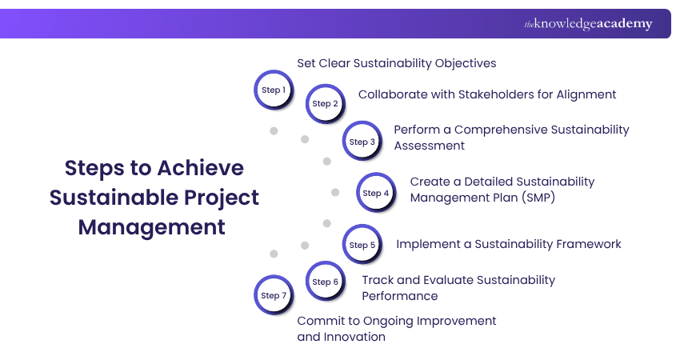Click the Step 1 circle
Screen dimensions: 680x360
pos(274,90)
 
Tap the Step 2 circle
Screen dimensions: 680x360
pos(326,104)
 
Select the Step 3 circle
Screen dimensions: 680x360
pos(362,142)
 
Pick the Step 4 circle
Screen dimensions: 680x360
pos(376,193)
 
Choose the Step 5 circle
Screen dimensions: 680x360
pos(362,245)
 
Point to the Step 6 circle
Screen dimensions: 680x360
pos(326,282)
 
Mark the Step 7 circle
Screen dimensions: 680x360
pos(274,295)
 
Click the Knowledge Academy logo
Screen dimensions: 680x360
pos(588,24)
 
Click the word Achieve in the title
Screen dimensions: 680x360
pos(201,168)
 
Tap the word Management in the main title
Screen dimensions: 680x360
pos(152,227)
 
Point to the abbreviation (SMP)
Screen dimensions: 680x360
pos(538,198)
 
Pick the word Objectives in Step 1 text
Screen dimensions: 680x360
pos(466,63)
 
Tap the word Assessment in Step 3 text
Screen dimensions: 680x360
pos(430,146)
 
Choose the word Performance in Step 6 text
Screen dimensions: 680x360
pos(400,296)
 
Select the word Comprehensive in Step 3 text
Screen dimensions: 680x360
pos(502,130)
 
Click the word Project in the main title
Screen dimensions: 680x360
pos(221,198)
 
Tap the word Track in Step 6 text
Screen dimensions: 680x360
pos(378,280)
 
